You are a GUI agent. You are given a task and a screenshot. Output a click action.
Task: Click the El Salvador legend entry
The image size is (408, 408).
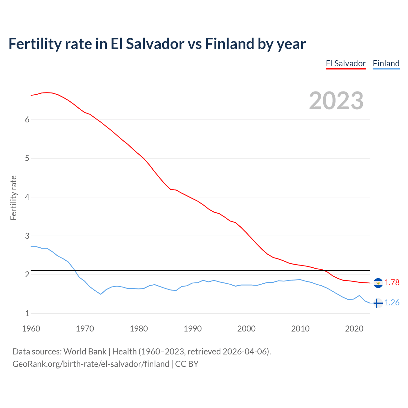pos(346,63)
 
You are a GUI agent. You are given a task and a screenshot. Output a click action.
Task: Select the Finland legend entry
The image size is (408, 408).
pos(386,63)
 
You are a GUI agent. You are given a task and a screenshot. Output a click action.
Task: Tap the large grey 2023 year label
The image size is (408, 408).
pos(336,101)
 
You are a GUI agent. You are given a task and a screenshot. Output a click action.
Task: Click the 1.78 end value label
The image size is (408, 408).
pos(392,283)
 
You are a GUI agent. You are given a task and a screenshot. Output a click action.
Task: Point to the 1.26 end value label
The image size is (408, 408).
pos(392,303)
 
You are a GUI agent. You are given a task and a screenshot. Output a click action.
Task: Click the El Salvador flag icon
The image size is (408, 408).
pos(378,283)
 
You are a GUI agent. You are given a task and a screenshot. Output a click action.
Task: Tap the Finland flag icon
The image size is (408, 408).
pos(378,303)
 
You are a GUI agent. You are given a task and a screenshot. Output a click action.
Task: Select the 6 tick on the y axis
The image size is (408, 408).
pos(27,120)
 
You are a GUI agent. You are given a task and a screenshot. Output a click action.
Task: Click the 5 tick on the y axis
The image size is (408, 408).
pos(27,158)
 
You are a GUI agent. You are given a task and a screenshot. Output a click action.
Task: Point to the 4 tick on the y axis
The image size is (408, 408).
pos(27,197)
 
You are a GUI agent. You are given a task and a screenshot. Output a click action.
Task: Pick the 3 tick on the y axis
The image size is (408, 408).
pos(27,236)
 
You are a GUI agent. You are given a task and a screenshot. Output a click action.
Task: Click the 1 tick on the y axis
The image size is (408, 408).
pos(27,314)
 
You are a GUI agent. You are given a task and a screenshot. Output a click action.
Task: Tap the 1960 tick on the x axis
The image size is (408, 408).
pos(31,329)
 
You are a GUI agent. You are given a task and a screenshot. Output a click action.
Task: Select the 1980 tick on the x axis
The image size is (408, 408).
pos(139,329)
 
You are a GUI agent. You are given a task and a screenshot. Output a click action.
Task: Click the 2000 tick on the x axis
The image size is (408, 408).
pos(246,329)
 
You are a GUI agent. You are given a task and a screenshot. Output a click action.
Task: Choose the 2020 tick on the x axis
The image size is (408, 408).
pos(354,329)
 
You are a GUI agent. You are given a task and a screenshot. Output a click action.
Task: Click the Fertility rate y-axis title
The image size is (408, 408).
pos(13,198)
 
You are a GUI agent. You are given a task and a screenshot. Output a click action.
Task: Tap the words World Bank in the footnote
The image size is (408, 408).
pos(85,352)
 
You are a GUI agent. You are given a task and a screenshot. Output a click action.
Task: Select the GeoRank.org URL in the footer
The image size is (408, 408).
pos(91,364)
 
